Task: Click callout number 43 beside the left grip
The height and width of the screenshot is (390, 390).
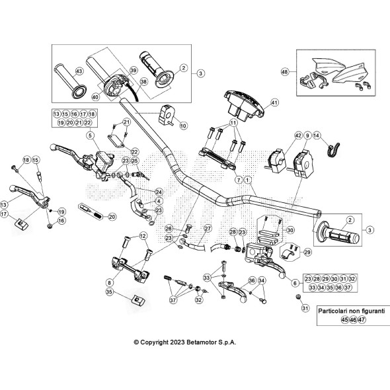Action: (79, 70)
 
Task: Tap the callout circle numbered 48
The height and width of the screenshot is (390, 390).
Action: (285, 71)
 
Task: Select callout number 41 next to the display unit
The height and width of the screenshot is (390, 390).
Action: (275, 102)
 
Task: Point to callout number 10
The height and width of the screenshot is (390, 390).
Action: (183, 126)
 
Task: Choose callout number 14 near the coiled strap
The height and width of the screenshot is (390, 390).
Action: (317, 136)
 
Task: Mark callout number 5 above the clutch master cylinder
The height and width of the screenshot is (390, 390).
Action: (89, 136)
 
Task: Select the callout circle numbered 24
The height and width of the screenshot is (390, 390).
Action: (159, 192)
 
